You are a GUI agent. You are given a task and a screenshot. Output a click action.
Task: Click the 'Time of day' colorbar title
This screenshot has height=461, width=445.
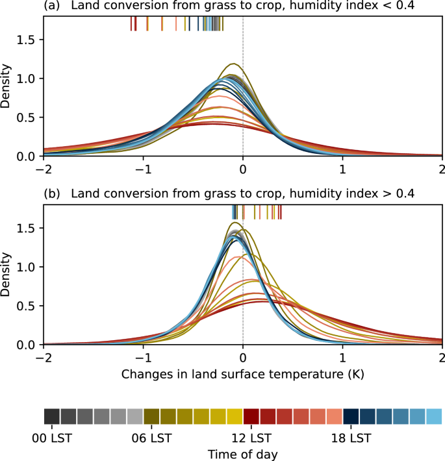coord(242,453)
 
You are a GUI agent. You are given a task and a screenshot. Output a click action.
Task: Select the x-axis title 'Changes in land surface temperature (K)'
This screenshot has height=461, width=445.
coord(242,375)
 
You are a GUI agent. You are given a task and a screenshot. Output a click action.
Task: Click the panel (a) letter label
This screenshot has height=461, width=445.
coord(51,6)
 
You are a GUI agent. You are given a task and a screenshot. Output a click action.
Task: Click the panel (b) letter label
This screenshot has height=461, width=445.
coord(51,193)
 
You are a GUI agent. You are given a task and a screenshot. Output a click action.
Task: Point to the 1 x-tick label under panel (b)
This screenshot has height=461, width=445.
coord(342,357)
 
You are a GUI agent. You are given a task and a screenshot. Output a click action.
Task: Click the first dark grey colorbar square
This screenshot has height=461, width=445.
coord(52,416)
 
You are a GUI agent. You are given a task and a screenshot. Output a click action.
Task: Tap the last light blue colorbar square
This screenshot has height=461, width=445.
coord(433,416)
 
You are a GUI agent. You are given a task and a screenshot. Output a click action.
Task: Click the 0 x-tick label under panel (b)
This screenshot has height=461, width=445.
coord(243,357)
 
